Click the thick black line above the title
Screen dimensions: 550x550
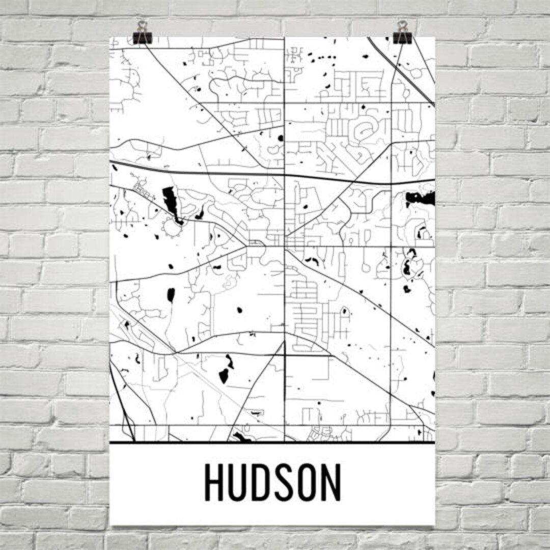(272, 442)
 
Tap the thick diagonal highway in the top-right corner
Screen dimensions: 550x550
(402, 71)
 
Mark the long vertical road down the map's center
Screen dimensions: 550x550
(284, 306)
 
